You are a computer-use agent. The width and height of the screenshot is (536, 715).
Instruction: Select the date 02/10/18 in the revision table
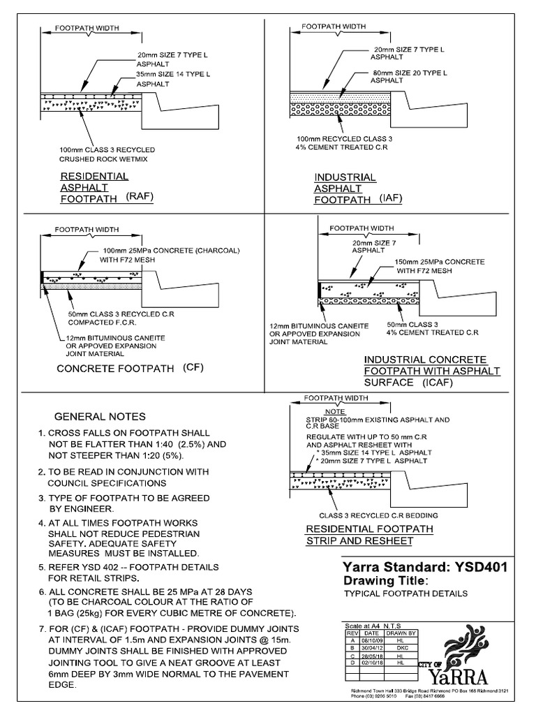[370, 661]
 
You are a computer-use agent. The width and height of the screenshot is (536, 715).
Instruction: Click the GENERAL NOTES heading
[100, 415]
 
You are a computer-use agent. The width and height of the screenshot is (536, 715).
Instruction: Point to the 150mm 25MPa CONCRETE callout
[440, 265]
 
